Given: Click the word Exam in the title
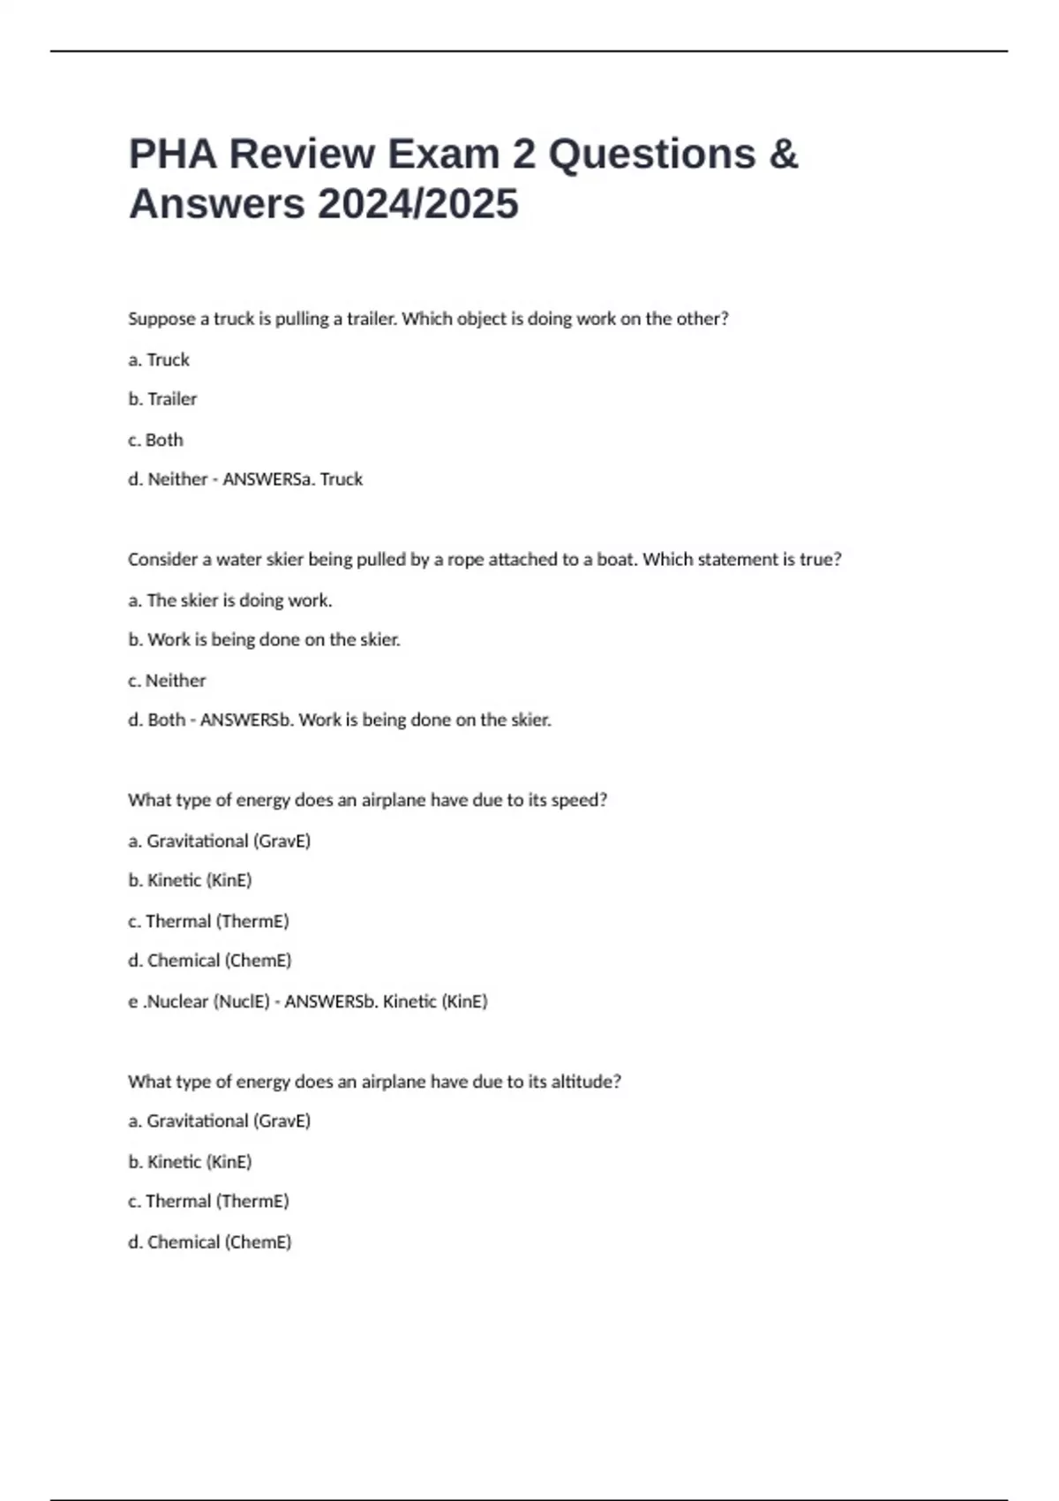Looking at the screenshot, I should pos(443,155).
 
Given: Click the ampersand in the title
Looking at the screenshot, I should pos(783,155).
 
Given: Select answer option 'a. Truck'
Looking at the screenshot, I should pos(159,360).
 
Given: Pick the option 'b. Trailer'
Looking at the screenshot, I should pos(162,399).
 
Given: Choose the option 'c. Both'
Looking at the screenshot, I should pos(155,440).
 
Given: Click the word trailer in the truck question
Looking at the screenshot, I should pos(372,319).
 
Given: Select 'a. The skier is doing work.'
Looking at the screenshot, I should pos(229,600).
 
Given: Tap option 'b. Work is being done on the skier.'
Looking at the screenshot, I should pos(264,640).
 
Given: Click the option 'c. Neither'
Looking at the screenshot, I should pos(167,681).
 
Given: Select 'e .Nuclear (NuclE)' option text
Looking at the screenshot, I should pos(199,1001).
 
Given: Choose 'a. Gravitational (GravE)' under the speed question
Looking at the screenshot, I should pos(219,841).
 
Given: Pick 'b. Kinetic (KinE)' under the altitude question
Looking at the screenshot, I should pos(190,1162).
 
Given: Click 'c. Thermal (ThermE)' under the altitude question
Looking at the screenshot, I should pos(208,1202).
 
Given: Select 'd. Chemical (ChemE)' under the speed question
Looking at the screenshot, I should pos(209,961).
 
